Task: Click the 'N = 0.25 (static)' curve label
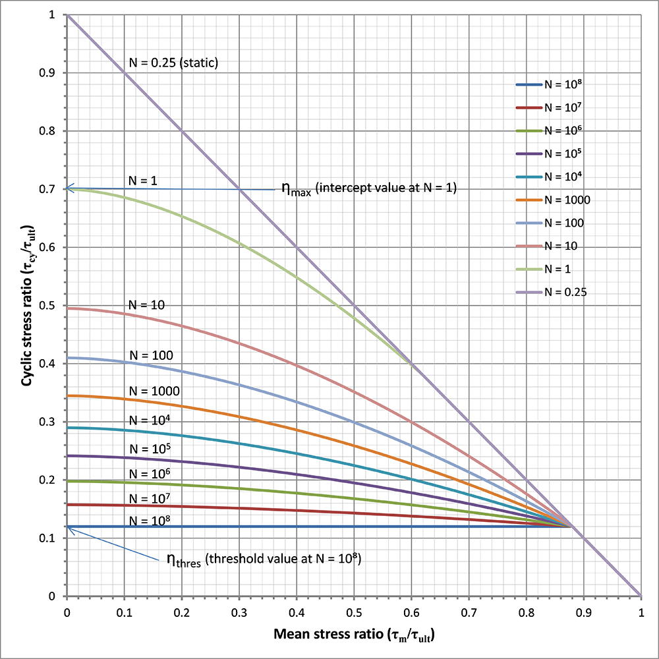click(x=173, y=64)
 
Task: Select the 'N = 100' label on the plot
click(x=151, y=356)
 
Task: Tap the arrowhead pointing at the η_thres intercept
click(x=70, y=529)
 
